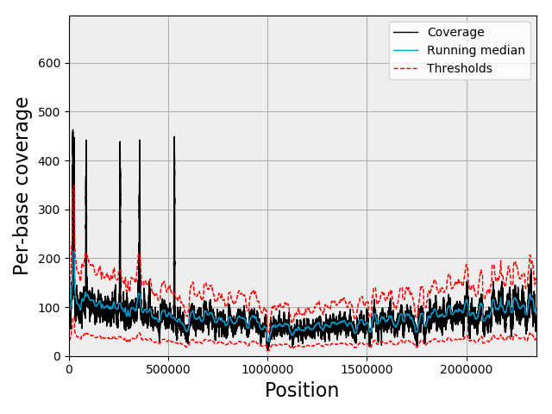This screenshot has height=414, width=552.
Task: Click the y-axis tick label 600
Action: click(x=48, y=63)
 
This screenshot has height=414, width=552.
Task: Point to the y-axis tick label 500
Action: click(x=48, y=112)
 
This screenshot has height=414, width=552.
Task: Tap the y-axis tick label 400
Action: click(x=48, y=161)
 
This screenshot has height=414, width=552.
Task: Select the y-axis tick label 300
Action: click(x=48, y=210)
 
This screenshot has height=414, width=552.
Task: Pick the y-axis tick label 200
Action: click(x=48, y=259)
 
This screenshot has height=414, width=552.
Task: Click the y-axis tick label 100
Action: click(x=48, y=308)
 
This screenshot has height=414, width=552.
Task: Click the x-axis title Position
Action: click(x=302, y=391)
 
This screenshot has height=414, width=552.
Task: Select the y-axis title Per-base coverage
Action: click(x=22, y=185)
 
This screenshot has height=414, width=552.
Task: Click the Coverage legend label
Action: click(x=455, y=33)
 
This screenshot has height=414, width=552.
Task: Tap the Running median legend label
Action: click(x=475, y=51)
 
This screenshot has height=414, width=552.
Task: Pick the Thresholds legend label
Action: click(x=460, y=69)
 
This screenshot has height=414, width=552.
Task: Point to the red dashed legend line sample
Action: click(x=405, y=69)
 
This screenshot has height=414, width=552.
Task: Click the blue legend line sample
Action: click(x=405, y=51)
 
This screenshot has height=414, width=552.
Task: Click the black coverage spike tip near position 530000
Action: click(x=174, y=136)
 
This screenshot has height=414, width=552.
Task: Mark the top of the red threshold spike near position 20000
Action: click(x=73, y=185)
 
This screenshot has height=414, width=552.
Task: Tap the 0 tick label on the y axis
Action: click(x=57, y=356)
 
